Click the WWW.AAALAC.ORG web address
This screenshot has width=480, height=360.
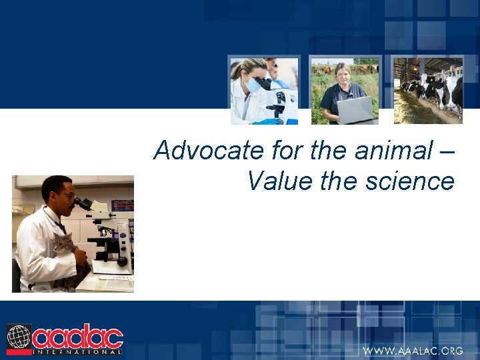[412, 351]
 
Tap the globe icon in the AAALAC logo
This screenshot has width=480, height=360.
[19, 337]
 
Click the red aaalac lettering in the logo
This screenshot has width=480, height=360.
[77, 336]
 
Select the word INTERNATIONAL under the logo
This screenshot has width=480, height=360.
[77, 351]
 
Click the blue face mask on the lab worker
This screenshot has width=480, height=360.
[253, 85]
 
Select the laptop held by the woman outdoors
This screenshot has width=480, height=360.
[355, 110]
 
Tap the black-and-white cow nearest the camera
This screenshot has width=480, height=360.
[451, 90]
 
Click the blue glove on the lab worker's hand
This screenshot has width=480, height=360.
[267, 121]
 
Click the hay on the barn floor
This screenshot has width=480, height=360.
[417, 110]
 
